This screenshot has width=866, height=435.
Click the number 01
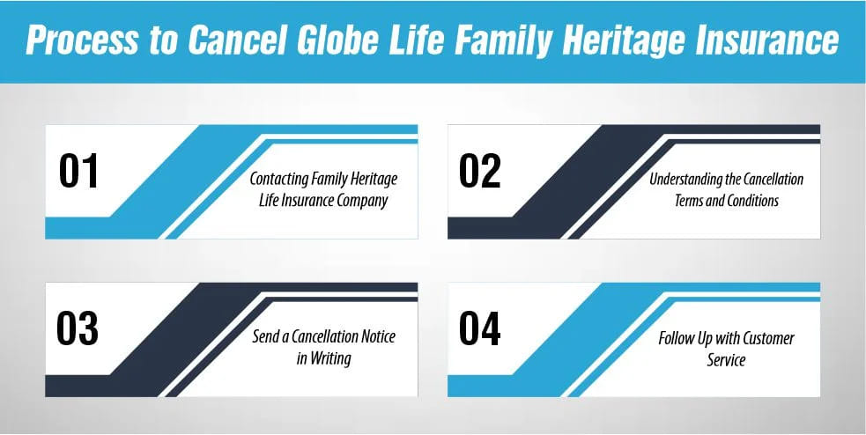point(78,171)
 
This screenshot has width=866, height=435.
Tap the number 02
point(480,171)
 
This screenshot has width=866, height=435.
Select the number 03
point(78,328)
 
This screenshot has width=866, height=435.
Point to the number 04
point(480,328)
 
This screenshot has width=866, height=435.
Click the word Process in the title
point(81,41)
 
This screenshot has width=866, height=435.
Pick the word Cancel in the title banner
point(236,40)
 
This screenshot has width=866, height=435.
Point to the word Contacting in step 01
point(279,180)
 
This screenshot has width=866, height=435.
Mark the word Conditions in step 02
point(753,201)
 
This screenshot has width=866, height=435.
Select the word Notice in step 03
point(378,336)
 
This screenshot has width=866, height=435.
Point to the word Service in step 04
point(726,360)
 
